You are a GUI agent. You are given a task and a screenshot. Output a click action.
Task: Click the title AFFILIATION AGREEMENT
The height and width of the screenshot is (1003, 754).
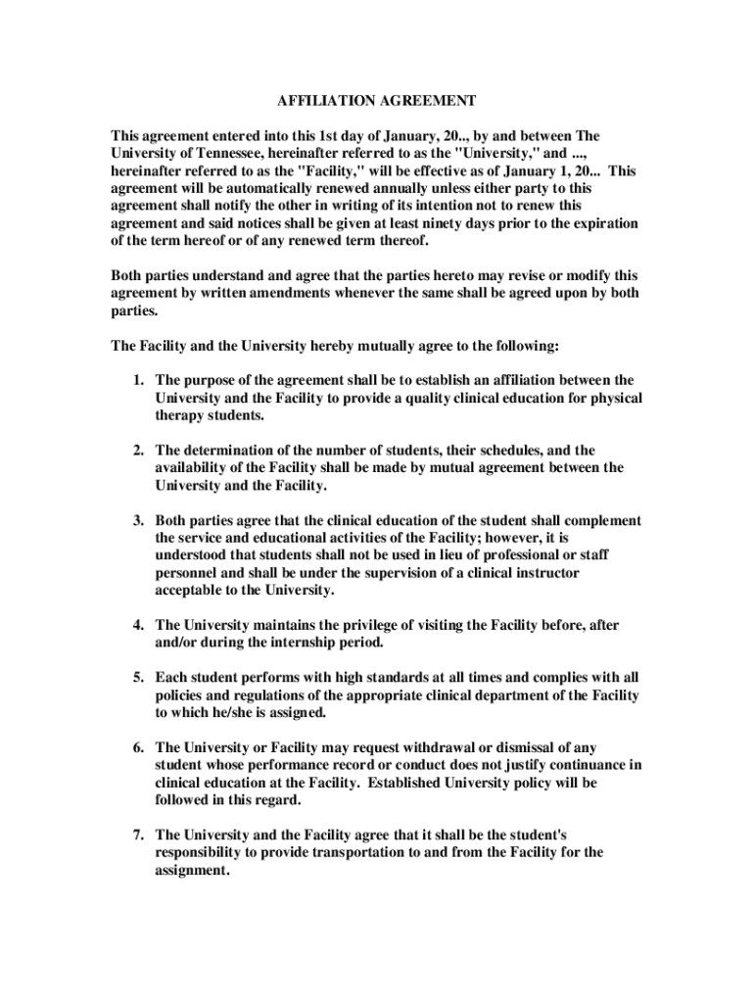(377, 101)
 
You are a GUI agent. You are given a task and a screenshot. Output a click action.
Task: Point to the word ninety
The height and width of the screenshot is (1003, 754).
(441, 223)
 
